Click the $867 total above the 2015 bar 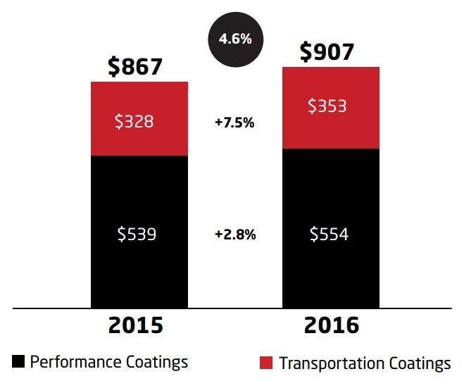(135, 66)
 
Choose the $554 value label (329, 234)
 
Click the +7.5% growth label (234, 122)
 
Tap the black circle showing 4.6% (235, 39)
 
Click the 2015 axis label (135, 326)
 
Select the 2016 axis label (328, 326)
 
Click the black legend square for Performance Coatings (19, 362)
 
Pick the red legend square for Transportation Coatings (266, 363)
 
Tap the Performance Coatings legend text (109, 362)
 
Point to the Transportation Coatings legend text (365, 363)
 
